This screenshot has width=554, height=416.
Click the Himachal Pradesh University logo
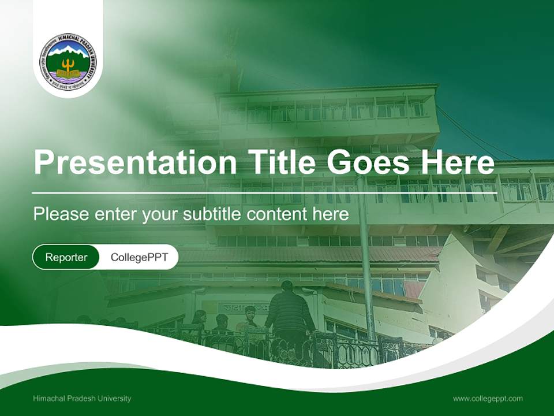point(68,60)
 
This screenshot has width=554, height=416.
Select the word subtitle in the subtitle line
point(213,214)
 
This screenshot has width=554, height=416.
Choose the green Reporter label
point(66,257)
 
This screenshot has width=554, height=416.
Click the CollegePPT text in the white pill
point(139,257)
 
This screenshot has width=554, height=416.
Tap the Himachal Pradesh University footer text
point(82,398)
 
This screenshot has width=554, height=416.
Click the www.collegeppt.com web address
point(488,398)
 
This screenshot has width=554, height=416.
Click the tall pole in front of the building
point(365,260)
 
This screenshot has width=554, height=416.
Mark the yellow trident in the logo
point(68,65)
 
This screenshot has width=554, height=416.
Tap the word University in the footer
point(115,398)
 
